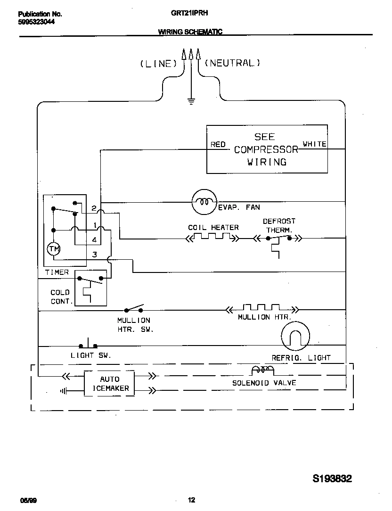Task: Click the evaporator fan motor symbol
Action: tap(204, 202)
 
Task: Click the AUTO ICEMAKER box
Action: tap(109, 384)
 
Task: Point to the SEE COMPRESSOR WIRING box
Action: tap(267, 149)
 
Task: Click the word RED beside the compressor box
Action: tap(218, 145)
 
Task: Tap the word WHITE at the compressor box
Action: tap(314, 144)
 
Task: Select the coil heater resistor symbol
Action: tap(212, 237)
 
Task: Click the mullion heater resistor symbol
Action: tap(261, 308)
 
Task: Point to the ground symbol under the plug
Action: tap(191, 100)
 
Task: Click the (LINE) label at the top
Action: tap(158, 64)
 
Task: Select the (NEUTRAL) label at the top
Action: tap(232, 63)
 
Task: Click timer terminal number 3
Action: tap(94, 255)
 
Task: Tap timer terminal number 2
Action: tap(94, 208)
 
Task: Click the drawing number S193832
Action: tap(332, 479)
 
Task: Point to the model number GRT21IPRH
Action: tap(190, 14)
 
